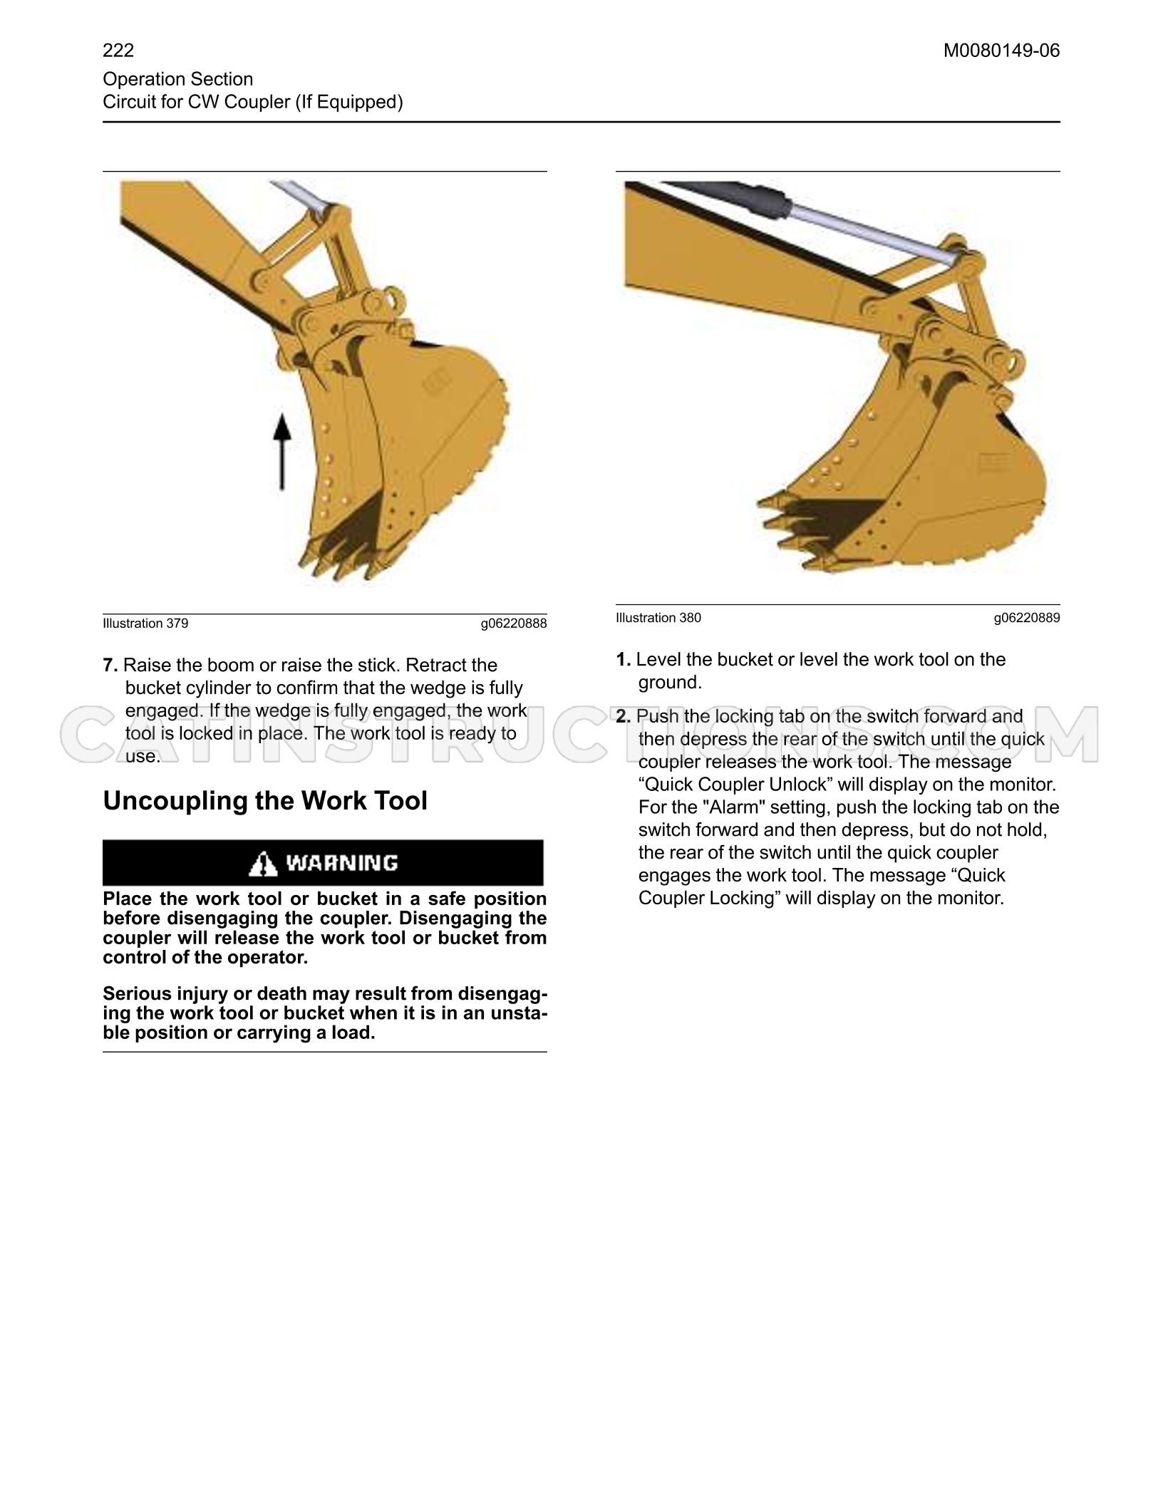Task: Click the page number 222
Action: click(118, 51)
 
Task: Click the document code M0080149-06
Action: click(1001, 51)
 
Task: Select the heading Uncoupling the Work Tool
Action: click(265, 801)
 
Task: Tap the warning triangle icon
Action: click(263, 864)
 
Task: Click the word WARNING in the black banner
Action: click(341, 864)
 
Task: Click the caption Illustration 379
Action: click(145, 624)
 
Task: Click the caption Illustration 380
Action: click(658, 618)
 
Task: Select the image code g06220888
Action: click(514, 624)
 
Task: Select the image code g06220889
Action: click(1027, 619)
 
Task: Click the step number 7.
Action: click(110, 666)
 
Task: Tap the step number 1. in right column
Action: click(624, 660)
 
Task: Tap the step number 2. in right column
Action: click(624, 717)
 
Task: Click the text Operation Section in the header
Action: click(177, 79)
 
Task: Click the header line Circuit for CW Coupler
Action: click(253, 102)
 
